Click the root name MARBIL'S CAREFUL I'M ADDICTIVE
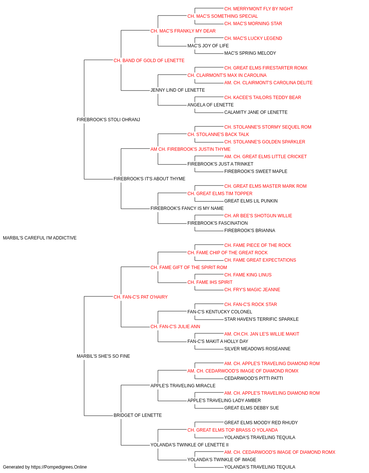click(40, 238)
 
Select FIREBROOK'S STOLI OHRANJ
click(108, 120)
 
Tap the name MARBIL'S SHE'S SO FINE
click(103, 356)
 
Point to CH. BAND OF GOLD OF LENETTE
click(149, 61)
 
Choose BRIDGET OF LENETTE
click(138, 415)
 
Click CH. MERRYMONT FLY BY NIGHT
click(258, 9)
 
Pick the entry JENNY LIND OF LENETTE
click(177, 90)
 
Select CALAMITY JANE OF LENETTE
click(256, 112)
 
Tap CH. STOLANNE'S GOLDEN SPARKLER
click(265, 142)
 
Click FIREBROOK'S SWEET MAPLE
click(256, 171)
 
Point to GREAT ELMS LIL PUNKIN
click(251, 201)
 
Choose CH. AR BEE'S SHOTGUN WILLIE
click(258, 216)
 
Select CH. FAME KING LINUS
click(248, 275)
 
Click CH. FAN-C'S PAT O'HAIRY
click(141, 297)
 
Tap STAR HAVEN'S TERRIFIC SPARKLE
click(261, 319)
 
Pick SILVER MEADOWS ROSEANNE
click(257, 349)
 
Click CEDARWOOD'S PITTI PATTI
click(254, 378)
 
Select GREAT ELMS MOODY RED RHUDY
click(261, 423)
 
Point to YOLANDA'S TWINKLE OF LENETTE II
click(189, 445)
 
